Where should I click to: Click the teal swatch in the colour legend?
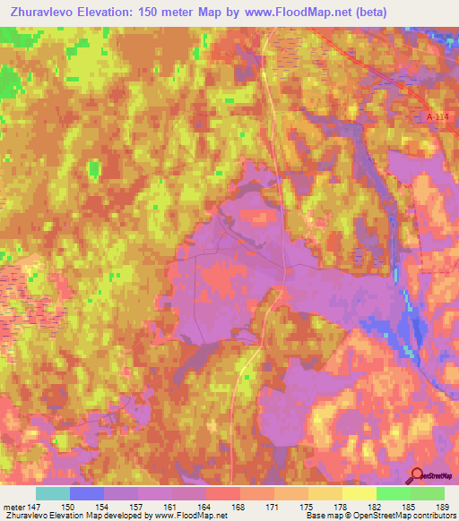click(x=52, y=493)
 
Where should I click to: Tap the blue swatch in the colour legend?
click(x=86, y=493)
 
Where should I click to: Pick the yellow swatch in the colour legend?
click(x=359, y=493)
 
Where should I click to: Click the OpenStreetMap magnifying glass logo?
click(x=416, y=476)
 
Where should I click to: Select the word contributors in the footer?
click(x=432, y=517)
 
